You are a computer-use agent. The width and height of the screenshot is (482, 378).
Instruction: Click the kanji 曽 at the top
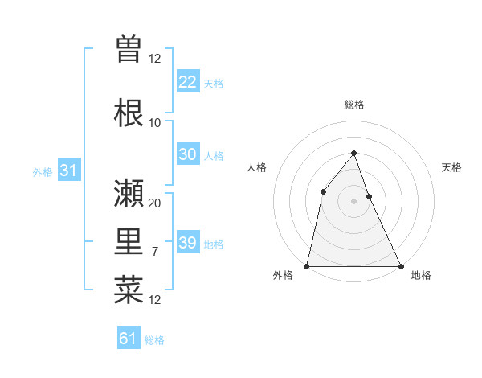pos(129,49)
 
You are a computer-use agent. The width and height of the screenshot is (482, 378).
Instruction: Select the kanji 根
pos(129,113)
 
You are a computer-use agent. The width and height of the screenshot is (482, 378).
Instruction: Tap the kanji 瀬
pos(129,193)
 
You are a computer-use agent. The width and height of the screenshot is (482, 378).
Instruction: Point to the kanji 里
pos(129,242)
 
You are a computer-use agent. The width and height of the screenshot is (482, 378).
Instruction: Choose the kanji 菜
pos(129,290)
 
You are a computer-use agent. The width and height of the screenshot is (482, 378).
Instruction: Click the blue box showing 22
pos(187,81)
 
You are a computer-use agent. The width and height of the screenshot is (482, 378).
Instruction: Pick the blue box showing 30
pos(187,154)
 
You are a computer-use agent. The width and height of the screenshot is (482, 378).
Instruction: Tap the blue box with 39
pos(187,243)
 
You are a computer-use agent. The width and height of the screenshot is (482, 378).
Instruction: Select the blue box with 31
pos(68,171)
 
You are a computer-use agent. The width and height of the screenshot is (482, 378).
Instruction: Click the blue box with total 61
pos(129,339)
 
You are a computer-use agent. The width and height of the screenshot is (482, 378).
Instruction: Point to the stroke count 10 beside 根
pos(155,122)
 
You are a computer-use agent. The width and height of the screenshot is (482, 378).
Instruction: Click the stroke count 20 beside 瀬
pos(155,203)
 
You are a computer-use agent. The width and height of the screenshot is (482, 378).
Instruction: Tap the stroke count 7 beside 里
pos(155,252)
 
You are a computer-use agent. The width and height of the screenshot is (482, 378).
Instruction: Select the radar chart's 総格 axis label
pos(354,105)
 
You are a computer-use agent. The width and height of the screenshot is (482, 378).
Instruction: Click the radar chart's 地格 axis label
pos(421,275)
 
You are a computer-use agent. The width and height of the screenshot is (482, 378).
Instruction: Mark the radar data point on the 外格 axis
pos(307,265)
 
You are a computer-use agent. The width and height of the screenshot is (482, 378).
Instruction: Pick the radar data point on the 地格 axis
pos(400,265)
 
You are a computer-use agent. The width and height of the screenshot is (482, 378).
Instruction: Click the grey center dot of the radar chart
pos(353,200)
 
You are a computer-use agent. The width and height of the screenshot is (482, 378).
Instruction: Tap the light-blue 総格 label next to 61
pos(154,340)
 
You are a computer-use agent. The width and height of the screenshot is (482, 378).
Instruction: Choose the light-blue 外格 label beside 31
pos(43,172)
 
